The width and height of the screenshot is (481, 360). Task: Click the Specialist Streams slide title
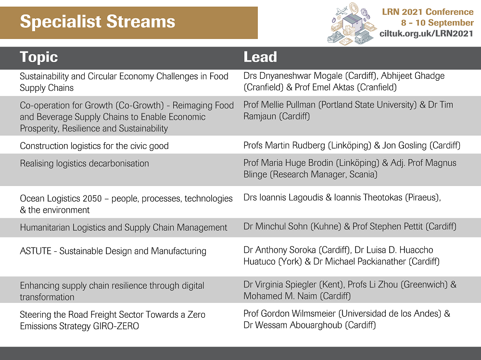(98, 22)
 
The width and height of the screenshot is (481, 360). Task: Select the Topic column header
(38, 57)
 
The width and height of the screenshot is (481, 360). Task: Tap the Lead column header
(260, 57)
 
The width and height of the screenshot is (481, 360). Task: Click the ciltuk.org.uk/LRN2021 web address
(426, 34)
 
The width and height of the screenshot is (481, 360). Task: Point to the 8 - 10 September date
(437, 23)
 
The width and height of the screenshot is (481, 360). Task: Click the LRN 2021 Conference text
(428, 12)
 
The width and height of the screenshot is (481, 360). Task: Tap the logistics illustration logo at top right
(352, 24)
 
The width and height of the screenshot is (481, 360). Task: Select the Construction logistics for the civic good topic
(94, 146)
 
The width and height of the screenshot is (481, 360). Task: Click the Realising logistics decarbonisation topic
(84, 163)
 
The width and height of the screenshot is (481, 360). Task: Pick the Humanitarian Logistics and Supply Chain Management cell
(123, 227)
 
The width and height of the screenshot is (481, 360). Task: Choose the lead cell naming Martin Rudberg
(352, 145)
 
